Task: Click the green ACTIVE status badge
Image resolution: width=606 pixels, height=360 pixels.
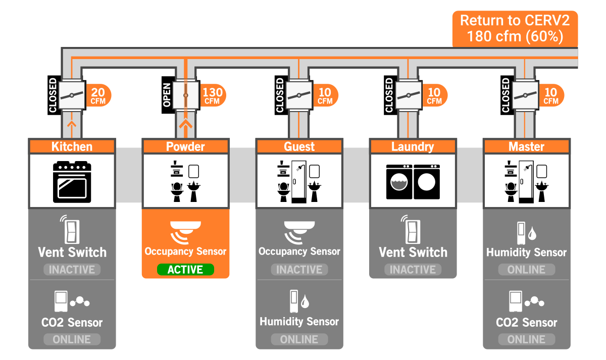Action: [x=185, y=270]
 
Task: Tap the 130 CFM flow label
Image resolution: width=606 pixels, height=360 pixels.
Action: [x=213, y=95]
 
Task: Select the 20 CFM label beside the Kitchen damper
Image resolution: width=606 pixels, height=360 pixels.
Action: [x=98, y=95]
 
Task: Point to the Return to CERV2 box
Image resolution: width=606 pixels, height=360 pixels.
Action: [x=515, y=29]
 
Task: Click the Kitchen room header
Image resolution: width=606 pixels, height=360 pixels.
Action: [x=72, y=146]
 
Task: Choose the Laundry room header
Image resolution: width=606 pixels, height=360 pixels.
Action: [x=413, y=146]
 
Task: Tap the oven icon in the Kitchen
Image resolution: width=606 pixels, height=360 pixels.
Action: [x=72, y=182]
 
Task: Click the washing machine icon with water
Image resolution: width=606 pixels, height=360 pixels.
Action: [x=399, y=182]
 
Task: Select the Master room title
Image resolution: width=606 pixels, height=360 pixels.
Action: [x=526, y=146]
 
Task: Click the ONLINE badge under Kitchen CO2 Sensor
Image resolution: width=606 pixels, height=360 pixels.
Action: [x=72, y=339]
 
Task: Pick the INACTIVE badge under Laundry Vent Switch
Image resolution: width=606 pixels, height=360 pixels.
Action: [x=413, y=270]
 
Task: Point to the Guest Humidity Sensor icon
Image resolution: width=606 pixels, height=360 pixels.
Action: [x=299, y=300]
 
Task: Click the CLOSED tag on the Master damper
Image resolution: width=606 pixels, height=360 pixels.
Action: [x=506, y=95]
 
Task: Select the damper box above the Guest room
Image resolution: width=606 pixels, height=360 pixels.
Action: [x=299, y=95]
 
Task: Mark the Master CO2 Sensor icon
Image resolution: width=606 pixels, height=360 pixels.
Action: [x=526, y=301]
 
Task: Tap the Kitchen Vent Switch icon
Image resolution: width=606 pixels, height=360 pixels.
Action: [x=71, y=230]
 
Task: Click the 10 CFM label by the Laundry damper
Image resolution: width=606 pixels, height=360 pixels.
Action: [x=434, y=95]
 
